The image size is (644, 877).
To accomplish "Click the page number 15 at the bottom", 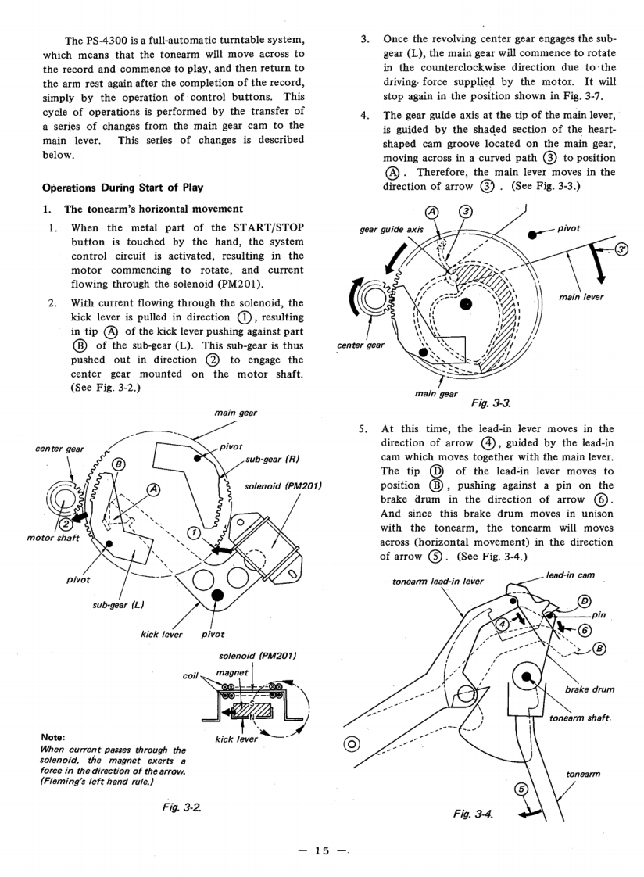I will click(x=322, y=850).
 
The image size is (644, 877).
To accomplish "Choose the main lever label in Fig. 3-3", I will click(x=582, y=297).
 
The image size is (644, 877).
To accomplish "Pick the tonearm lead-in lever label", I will click(x=438, y=582).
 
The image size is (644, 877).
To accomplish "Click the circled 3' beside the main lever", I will click(x=622, y=249).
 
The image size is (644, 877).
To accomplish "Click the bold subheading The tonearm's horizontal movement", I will click(x=144, y=209).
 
